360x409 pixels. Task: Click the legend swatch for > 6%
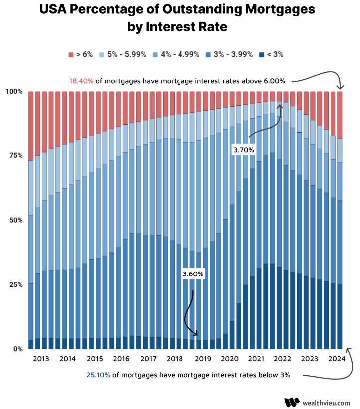[x=71, y=54]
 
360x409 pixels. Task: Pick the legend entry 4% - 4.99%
[x=175, y=54]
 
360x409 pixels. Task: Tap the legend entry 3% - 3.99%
[x=229, y=54]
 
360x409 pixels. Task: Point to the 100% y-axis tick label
[x=14, y=91]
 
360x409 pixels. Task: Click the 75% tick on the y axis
[x=16, y=155]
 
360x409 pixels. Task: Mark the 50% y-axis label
[x=16, y=220]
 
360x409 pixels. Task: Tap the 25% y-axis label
[x=16, y=284]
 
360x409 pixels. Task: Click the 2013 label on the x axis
[x=41, y=359]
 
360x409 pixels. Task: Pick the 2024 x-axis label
[x=337, y=359]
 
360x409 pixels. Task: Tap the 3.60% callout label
[x=193, y=274]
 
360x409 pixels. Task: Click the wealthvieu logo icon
[x=292, y=402]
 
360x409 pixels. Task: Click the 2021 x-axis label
[x=256, y=359]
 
